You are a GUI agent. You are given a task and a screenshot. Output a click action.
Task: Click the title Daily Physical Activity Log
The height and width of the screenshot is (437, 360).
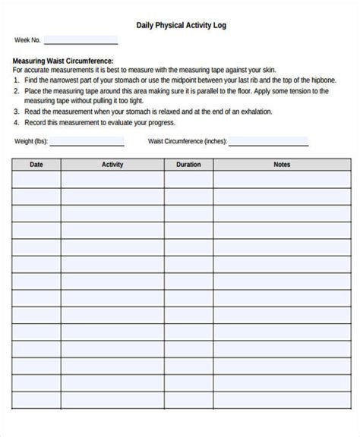tap(180, 25)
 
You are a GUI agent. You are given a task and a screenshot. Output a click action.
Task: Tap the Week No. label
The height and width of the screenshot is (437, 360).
tap(27, 40)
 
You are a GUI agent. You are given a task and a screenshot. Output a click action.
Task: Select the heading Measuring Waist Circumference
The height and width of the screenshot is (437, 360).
tap(64, 61)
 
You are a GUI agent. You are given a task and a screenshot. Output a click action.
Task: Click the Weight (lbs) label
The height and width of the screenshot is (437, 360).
tap(30, 141)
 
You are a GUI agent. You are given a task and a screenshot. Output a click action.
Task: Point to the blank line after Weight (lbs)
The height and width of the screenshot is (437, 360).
tap(87, 143)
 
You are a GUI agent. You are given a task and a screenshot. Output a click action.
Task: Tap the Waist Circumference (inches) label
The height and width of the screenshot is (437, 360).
tap(187, 141)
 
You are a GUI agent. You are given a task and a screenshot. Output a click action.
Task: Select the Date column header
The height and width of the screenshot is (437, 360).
tap(36, 164)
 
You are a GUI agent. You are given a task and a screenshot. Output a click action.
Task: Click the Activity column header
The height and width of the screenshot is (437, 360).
tap(112, 164)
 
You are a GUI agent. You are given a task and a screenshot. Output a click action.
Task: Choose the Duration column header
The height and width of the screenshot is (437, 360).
tap(188, 164)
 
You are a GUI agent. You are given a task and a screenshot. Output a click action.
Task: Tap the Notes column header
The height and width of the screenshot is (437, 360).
tap(283, 164)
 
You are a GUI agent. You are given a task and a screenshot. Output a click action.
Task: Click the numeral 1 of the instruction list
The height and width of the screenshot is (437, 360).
tap(16, 80)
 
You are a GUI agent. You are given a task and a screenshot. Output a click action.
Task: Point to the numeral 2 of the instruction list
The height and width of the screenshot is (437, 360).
tap(16, 90)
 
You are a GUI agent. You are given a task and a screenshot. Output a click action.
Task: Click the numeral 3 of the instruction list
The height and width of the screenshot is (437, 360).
tap(16, 111)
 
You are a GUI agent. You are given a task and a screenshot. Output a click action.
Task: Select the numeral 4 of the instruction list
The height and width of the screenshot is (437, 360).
tap(16, 121)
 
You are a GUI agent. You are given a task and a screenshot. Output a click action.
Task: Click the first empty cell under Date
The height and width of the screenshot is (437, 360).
tap(36, 179)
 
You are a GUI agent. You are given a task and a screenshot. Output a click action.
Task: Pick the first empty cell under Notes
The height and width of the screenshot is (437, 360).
tap(283, 179)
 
